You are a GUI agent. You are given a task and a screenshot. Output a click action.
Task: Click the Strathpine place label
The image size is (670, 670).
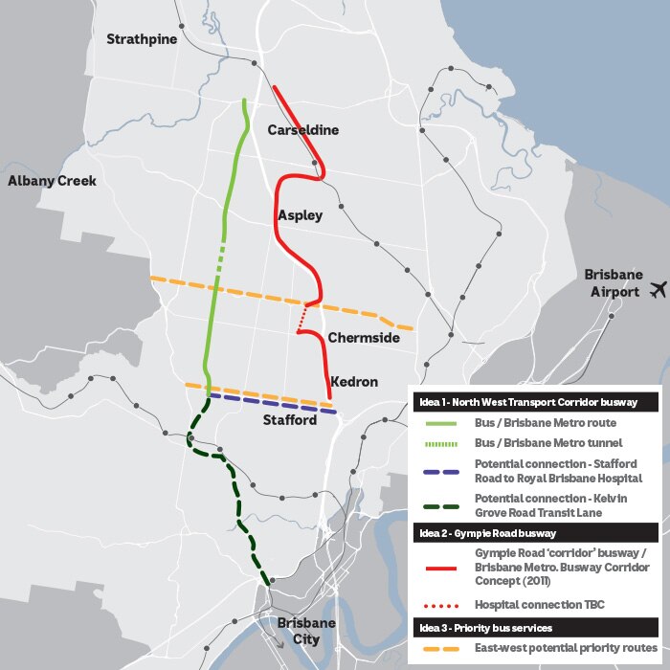[x=142, y=39]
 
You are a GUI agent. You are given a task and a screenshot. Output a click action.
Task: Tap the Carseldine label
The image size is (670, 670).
[x=303, y=130]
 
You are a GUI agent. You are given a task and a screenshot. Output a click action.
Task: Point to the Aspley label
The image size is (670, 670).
[x=300, y=215]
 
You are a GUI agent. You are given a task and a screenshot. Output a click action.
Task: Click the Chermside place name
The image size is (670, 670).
[x=363, y=338]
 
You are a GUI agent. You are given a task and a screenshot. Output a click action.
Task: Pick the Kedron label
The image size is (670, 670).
[x=353, y=382]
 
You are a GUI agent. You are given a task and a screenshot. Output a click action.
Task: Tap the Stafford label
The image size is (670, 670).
[x=290, y=420]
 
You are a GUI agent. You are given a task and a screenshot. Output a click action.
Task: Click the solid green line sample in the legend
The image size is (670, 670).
[x=441, y=422]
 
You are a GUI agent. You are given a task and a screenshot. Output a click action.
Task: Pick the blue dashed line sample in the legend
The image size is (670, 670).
[x=441, y=470]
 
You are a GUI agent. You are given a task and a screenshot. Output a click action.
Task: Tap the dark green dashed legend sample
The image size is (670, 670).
[x=441, y=505]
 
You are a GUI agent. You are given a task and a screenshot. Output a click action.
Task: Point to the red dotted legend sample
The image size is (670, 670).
[x=441, y=605]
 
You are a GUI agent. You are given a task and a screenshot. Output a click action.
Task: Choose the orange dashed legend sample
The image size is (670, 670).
[x=441, y=648]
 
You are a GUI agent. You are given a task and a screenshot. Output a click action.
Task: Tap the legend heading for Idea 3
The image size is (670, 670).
[x=488, y=627]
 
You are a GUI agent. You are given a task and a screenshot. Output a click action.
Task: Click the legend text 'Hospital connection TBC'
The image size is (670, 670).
[x=540, y=605]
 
